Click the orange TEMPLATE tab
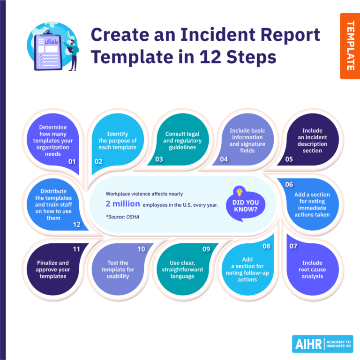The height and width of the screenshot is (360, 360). [x=350, y=46]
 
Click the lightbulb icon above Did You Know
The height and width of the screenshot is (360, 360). [x=240, y=191]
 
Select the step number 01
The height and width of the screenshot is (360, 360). [x=72, y=162]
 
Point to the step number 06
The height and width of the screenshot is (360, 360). [x=289, y=184]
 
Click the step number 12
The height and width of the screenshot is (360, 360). [x=76, y=225]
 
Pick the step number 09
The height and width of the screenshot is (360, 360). [x=206, y=249]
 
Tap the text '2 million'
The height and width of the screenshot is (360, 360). [x=123, y=204]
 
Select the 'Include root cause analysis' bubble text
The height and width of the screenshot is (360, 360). [x=312, y=270]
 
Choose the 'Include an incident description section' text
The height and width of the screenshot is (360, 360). [x=312, y=141]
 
